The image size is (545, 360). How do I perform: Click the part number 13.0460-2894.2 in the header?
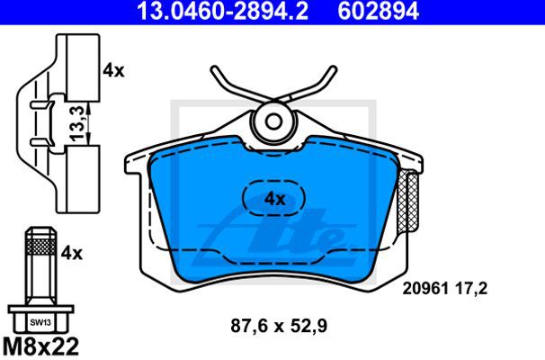click(223, 11)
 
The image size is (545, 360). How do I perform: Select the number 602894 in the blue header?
click(378, 11)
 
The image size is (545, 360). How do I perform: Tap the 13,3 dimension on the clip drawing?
click(77, 123)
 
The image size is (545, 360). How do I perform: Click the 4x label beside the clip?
click(113, 71)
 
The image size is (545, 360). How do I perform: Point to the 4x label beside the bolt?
click(72, 254)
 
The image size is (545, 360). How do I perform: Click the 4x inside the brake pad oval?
click(274, 199)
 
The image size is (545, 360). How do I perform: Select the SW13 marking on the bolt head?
click(40, 322)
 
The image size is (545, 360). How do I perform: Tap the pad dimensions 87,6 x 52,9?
click(279, 327)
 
